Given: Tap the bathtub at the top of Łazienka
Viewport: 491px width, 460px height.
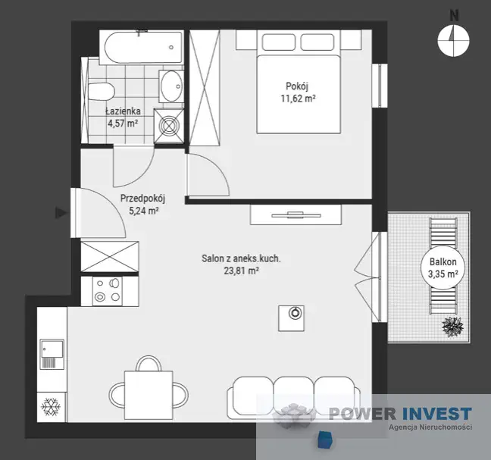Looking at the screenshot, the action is (x=143, y=47).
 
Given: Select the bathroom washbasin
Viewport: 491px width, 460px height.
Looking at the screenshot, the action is (x=171, y=86).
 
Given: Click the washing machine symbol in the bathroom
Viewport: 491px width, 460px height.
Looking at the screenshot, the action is (x=169, y=126).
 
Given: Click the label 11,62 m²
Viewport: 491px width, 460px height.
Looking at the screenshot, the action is (x=298, y=99).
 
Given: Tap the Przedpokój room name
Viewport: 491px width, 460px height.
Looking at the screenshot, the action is (x=142, y=199).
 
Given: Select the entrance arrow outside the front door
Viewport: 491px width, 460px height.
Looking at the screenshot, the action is (x=61, y=213).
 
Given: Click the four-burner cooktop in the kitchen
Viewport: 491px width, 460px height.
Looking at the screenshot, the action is (x=108, y=291).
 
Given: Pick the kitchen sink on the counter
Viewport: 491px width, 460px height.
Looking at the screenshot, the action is (x=52, y=354).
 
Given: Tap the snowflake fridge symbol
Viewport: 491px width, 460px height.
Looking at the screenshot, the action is (x=51, y=407).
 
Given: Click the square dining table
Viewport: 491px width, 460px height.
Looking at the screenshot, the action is (x=149, y=395).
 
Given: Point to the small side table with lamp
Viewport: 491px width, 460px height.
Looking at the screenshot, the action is (x=291, y=318).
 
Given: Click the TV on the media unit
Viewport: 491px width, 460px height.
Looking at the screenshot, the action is (x=296, y=214).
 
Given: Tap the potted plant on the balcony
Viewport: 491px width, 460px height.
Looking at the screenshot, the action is (x=452, y=327).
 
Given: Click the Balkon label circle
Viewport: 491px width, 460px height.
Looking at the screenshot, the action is (x=443, y=268).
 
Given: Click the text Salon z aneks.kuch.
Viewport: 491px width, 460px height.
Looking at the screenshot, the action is (x=241, y=258).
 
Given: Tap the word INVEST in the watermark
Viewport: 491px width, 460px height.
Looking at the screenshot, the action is (x=436, y=413).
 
